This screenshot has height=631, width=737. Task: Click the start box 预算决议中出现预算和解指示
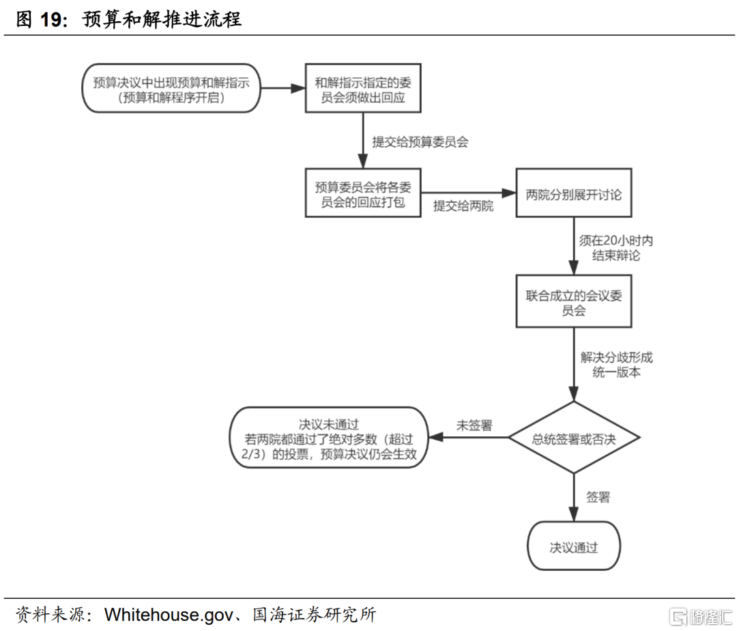point(171,89)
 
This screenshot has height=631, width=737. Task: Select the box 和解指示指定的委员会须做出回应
point(362,89)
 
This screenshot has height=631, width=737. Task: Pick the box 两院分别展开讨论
point(574,195)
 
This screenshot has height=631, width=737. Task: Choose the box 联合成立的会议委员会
point(574,302)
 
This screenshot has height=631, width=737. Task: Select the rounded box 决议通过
point(574,547)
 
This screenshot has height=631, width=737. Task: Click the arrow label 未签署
point(474,425)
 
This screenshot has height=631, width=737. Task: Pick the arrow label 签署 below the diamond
point(598,497)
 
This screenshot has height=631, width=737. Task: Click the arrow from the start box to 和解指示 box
point(283,89)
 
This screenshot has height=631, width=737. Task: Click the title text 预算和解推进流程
point(162,19)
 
